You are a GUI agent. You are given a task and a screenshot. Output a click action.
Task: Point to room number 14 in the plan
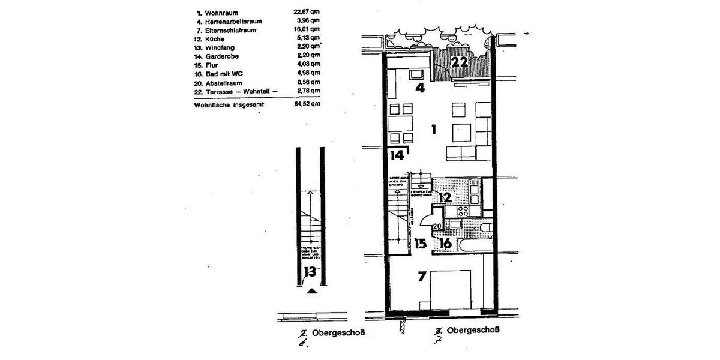397,155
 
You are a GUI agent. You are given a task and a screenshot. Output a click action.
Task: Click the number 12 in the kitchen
445,197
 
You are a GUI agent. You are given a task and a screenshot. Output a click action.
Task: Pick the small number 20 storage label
437,226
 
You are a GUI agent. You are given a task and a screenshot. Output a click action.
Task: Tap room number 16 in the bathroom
445,244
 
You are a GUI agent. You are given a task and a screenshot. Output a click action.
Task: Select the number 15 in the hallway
420,244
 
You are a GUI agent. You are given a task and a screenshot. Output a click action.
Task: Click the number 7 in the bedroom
422,277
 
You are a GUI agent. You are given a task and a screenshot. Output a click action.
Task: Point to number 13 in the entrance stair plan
310,272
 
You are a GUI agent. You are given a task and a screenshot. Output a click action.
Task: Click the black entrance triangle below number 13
311,292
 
